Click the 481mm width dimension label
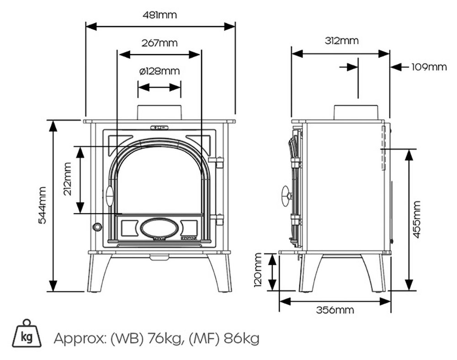tap(160, 15)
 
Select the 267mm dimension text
tap(159, 43)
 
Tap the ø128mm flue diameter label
tap(159, 71)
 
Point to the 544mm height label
tap(42, 205)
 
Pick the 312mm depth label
tap(341, 41)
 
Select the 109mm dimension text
tap(428, 67)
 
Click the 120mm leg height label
tap(259, 272)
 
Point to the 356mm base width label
tap(335, 310)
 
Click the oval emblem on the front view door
tap(159, 228)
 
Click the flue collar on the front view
tap(159, 113)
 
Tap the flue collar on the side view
tap(356, 112)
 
